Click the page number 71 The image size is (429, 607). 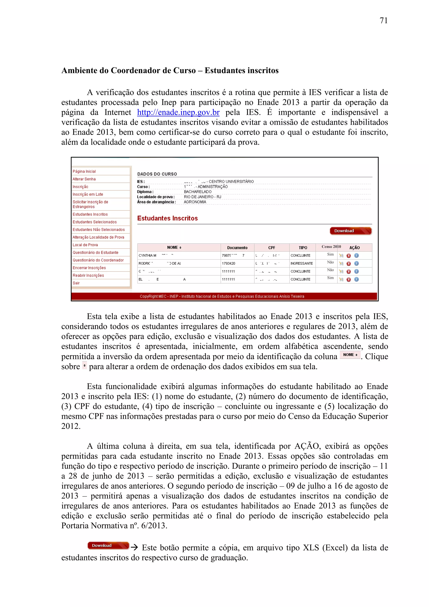pyautogui.click(x=383, y=21)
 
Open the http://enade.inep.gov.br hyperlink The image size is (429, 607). pyautogui.click(x=178, y=112)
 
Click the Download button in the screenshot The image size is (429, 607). pyautogui.click(x=350, y=231)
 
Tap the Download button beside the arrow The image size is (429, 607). pyautogui.click(x=108, y=545)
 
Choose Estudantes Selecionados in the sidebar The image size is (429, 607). pyautogui.click(x=95, y=222)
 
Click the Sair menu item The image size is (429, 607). pyautogui.click(x=76, y=283)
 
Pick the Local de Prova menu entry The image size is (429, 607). pyautogui.click(x=85, y=245)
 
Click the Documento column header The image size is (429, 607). pyautogui.click(x=237, y=248)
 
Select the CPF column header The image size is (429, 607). pyautogui.click(x=271, y=248)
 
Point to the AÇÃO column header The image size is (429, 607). pyautogui.click(x=354, y=248)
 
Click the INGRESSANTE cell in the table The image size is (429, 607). pyautogui.click(x=302, y=263)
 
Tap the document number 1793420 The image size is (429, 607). pyautogui.click(x=228, y=263)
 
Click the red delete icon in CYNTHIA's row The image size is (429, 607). pyautogui.click(x=348, y=256)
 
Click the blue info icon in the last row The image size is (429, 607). pyautogui.click(x=356, y=280)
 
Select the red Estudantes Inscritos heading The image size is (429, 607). pyautogui.click(x=167, y=218)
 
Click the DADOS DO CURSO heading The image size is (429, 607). pyautogui.click(x=157, y=174)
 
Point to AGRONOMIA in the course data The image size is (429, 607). pyautogui.click(x=195, y=202)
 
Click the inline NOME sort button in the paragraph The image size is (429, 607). pyautogui.click(x=350, y=355)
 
